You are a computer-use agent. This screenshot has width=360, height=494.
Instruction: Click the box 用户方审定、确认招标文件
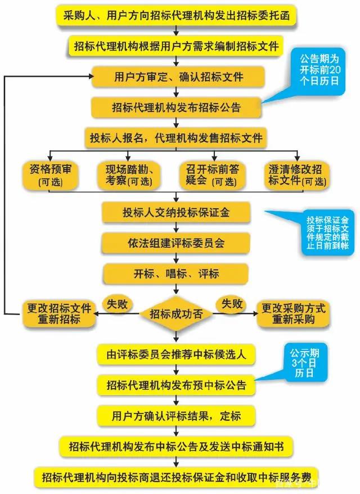click(x=178, y=77)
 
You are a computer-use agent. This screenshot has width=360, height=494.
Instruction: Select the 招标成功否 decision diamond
click(x=176, y=314)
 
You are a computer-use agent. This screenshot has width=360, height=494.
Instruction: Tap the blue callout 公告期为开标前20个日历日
click(x=318, y=71)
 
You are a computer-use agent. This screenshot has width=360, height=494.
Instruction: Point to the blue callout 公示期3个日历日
click(x=305, y=363)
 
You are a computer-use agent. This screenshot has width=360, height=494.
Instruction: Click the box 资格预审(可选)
click(x=51, y=175)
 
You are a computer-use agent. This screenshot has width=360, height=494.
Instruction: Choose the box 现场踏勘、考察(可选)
click(x=129, y=175)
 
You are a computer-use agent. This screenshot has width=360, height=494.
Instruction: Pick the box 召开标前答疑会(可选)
click(x=212, y=175)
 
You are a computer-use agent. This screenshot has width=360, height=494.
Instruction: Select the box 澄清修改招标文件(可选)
click(x=296, y=175)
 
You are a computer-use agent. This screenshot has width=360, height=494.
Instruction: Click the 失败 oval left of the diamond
click(x=117, y=304)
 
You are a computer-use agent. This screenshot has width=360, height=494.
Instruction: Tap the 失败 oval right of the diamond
click(x=232, y=304)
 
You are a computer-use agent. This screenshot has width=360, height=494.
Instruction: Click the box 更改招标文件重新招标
click(x=59, y=314)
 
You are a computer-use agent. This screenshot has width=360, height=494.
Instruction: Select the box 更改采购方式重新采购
click(x=293, y=314)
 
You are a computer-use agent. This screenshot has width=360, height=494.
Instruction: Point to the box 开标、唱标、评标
click(x=175, y=273)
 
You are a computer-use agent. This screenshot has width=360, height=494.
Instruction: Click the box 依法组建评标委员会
click(x=175, y=243)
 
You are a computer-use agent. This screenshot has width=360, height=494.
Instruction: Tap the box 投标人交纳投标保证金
click(x=175, y=212)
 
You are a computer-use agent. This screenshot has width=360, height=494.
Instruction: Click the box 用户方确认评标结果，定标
click(x=176, y=416)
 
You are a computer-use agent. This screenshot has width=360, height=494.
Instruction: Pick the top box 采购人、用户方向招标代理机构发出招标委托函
click(x=176, y=15)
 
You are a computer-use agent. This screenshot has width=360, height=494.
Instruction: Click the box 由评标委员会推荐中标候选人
click(x=176, y=355)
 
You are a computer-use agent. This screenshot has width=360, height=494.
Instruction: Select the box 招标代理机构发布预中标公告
click(x=176, y=385)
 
